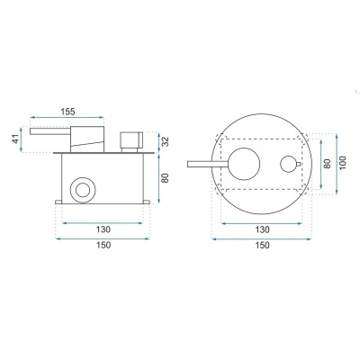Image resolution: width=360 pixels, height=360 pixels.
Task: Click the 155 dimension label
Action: (x=67, y=112)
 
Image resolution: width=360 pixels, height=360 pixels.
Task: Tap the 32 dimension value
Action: (x=166, y=141)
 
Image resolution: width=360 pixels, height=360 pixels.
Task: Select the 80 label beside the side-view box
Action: (x=166, y=178)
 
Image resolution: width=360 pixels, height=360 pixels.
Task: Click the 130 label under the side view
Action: (x=103, y=229)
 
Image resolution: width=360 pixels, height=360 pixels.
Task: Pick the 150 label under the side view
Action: (x=103, y=245)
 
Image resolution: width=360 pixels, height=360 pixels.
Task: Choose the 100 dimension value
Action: (x=343, y=163)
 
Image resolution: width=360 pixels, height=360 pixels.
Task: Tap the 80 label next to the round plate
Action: (x=328, y=164)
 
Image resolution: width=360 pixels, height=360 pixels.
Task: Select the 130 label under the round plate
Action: (x=262, y=229)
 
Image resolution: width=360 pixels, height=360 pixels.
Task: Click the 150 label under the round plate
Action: (x=262, y=246)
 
